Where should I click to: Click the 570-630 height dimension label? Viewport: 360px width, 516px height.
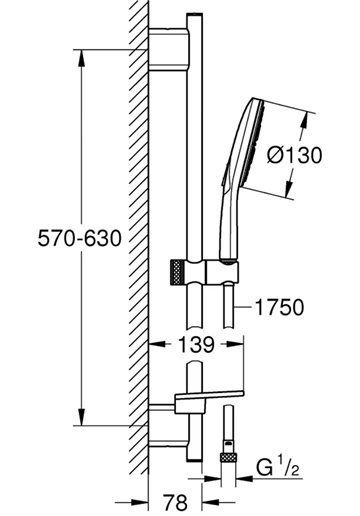click(x=79, y=239)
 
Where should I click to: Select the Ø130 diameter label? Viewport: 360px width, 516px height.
click(x=295, y=155)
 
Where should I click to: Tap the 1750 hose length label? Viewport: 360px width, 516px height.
click(x=279, y=307)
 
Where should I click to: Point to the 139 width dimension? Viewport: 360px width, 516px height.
click(x=196, y=345)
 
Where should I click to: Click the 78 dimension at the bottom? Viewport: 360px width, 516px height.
click(x=175, y=503)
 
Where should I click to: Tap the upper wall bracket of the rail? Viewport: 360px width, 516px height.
click(x=169, y=50)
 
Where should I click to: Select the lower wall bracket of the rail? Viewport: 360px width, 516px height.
click(x=168, y=425)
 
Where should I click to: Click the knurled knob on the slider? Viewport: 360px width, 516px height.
click(x=178, y=272)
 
